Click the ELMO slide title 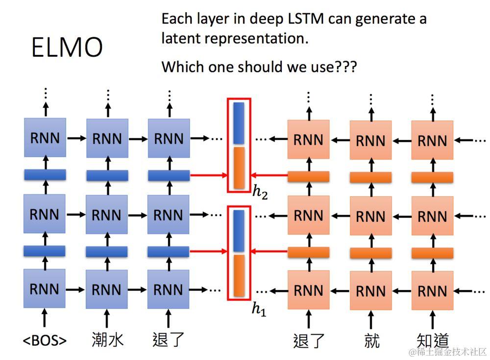coord(67,48)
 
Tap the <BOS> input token coord(45,340)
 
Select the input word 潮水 coord(107,339)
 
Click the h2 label coord(260,192)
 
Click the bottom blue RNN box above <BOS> coord(45,289)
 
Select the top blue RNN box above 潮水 coord(107,138)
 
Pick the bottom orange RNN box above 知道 coord(432,291)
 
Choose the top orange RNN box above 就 coord(370,141)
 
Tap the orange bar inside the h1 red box coord(239,276)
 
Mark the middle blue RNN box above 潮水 coord(107,215)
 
